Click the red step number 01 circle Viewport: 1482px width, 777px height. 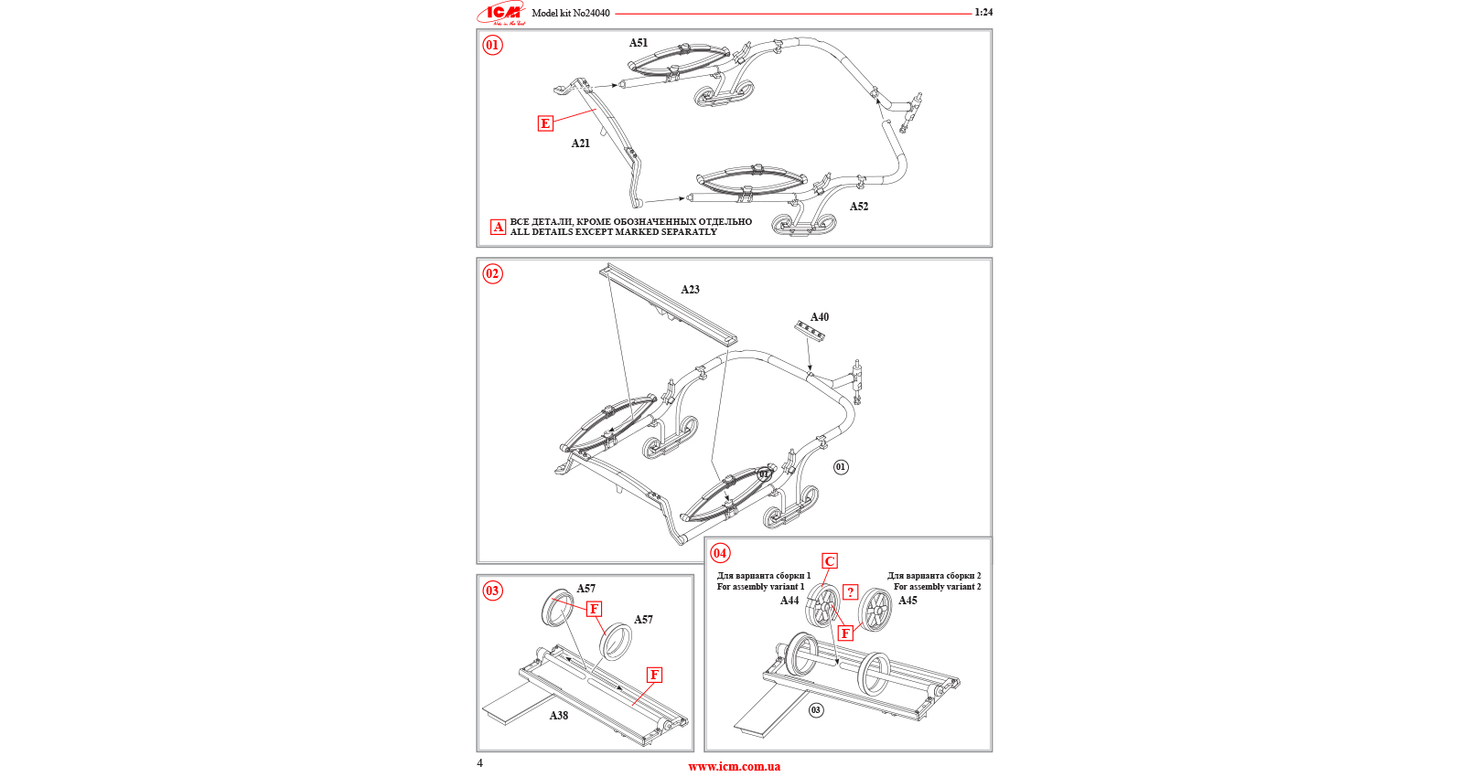[x=492, y=45]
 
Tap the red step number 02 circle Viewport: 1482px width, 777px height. [x=492, y=273]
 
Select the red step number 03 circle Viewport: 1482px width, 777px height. [x=492, y=591]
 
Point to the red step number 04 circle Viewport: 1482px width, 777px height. [x=720, y=553]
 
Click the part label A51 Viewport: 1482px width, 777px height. [x=639, y=43]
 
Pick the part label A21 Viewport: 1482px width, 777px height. [x=581, y=144]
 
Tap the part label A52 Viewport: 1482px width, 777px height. [x=859, y=207]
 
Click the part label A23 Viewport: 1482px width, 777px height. [x=691, y=290]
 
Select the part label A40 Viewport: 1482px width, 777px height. [x=820, y=317]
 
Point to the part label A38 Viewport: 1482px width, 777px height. [x=559, y=716]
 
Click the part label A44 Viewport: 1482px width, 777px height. [x=789, y=601]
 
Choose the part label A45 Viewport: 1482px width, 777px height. [x=907, y=601]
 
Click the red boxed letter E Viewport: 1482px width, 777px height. [x=545, y=123]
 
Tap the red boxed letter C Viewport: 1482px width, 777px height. [x=830, y=561]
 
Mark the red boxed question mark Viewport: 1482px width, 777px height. [x=851, y=592]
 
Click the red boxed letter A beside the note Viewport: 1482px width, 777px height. [x=499, y=227]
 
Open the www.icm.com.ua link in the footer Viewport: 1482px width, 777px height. [x=735, y=767]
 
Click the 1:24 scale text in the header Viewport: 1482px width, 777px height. [x=983, y=13]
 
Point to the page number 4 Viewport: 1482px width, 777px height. [x=480, y=763]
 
